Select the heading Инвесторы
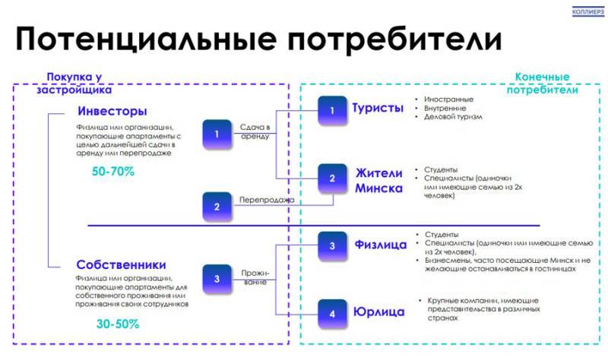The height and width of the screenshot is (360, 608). click(112, 111)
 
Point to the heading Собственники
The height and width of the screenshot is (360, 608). click(121, 265)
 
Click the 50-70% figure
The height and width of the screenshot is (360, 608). click(113, 172)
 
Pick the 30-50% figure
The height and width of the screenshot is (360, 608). click(118, 324)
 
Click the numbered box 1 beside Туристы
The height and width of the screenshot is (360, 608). click(331, 110)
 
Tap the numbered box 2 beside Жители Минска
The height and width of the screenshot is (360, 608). click(331, 179)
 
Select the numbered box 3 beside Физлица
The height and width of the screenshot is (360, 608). click(331, 246)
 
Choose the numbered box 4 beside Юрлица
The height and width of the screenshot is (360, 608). click(331, 313)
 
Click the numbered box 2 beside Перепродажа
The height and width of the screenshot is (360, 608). click(217, 206)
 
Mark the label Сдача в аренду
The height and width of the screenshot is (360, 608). click(255, 131)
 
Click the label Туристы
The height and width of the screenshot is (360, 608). click(377, 108)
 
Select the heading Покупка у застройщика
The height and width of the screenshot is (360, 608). click(74, 83)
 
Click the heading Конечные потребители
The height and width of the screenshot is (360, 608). click(542, 83)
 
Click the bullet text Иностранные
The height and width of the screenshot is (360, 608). click(449, 99)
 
